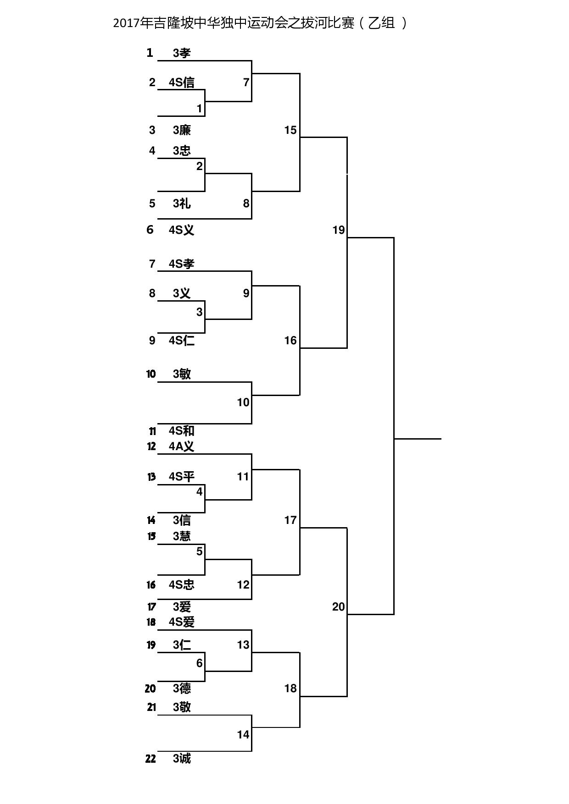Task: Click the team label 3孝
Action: (x=182, y=53)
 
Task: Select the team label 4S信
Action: (x=182, y=83)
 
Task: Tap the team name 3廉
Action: (x=182, y=130)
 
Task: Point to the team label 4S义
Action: (x=182, y=230)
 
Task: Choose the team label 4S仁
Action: (x=182, y=341)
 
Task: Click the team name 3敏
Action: (x=182, y=374)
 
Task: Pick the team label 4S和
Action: (x=182, y=431)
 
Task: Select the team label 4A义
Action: (x=182, y=446)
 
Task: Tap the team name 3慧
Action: (x=182, y=536)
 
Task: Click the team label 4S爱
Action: (x=182, y=622)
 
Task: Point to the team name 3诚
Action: (x=182, y=759)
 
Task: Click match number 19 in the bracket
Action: (x=339, y=230)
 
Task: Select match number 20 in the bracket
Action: (x=339, y=607)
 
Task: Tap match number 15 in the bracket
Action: (x=290, y=130)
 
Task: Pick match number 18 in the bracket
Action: (x=290, y=688)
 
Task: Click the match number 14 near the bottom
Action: (x=243, y=735)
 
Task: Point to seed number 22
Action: (x=151, y=759)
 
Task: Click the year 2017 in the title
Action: (x=127, y=23)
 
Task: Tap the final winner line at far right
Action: (x=418, y=439)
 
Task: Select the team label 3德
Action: (x=182, y=688)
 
